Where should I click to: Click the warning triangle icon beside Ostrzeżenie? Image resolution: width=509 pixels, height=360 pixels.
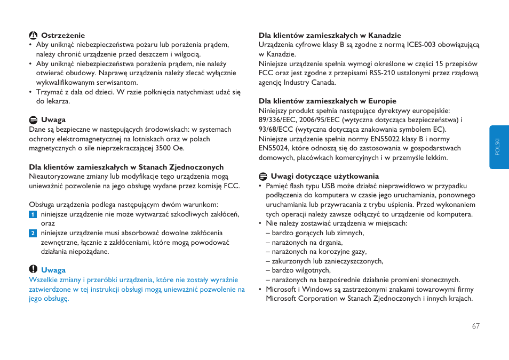(x=33, y=35)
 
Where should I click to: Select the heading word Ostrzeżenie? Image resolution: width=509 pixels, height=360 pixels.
(x=63, y=36)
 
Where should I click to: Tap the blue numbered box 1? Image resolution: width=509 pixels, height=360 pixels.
(x=33, y=214)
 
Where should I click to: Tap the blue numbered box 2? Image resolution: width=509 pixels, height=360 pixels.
(x=33, y=233)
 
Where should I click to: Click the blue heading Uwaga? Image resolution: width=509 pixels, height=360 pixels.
(x=53, y=270)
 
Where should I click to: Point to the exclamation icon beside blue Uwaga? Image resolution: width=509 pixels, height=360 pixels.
(x=33, y=270)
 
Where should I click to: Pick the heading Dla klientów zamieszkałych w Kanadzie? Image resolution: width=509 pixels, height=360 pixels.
(x=330, y=36)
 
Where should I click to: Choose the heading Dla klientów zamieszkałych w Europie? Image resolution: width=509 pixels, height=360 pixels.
(x=327, y=101)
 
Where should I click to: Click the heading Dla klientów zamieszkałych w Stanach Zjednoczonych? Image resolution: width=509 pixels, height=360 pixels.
(x=126, y=167)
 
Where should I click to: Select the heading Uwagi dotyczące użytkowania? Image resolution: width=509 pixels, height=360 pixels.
(x=324, y=177)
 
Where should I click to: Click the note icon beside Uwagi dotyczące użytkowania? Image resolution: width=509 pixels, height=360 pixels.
(x=263, y=177)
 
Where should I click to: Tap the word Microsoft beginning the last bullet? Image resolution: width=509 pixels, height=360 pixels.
(x=281, y=290)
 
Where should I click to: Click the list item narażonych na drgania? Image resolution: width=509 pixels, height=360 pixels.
(x=307, y=242)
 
